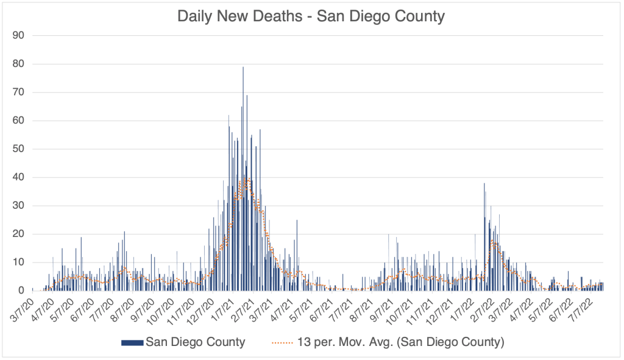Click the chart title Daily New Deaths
click(x=311, y=16)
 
